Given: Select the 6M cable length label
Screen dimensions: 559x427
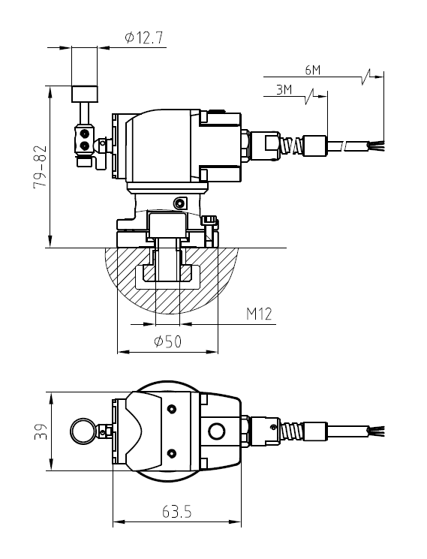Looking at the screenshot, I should [x=313, y=70].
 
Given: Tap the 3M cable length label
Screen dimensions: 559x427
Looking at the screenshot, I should [x=284, y=90].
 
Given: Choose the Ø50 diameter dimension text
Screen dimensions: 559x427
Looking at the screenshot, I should [x=168, y=341].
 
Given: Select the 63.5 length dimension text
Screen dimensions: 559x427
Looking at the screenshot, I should [x=177, y=512].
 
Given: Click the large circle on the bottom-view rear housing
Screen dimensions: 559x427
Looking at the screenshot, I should [x=218, y=431].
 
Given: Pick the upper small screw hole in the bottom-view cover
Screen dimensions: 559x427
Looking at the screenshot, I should [x=173, y=408].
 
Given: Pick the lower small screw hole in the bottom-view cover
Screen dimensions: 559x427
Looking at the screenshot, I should [x=173, y=452].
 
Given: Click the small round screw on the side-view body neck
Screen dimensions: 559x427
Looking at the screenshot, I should [x=179, y=203].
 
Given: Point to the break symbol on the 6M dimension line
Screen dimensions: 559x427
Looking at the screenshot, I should [x=366, y=75].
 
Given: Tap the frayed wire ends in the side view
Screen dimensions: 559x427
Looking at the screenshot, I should [x=375, y=143].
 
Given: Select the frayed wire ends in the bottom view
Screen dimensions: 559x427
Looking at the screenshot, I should [x=375, y=431].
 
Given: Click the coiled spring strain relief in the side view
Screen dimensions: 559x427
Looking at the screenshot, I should [x=292, y=143].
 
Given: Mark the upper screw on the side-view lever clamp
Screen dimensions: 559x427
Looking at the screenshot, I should [x=84, y=134].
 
